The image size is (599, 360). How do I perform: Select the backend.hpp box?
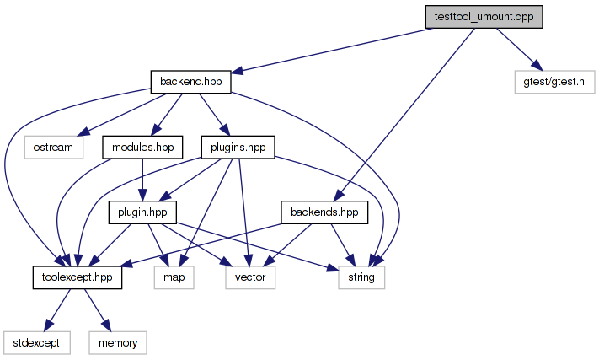[x=190, y=82]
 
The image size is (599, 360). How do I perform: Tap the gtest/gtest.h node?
[x=554, y=82]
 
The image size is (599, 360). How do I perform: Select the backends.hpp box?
[x=324, y=212]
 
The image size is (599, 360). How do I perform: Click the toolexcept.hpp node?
[x=78, y=277]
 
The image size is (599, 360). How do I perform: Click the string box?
[x=361, y=277]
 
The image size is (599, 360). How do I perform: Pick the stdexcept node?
[x=36, y=341]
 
